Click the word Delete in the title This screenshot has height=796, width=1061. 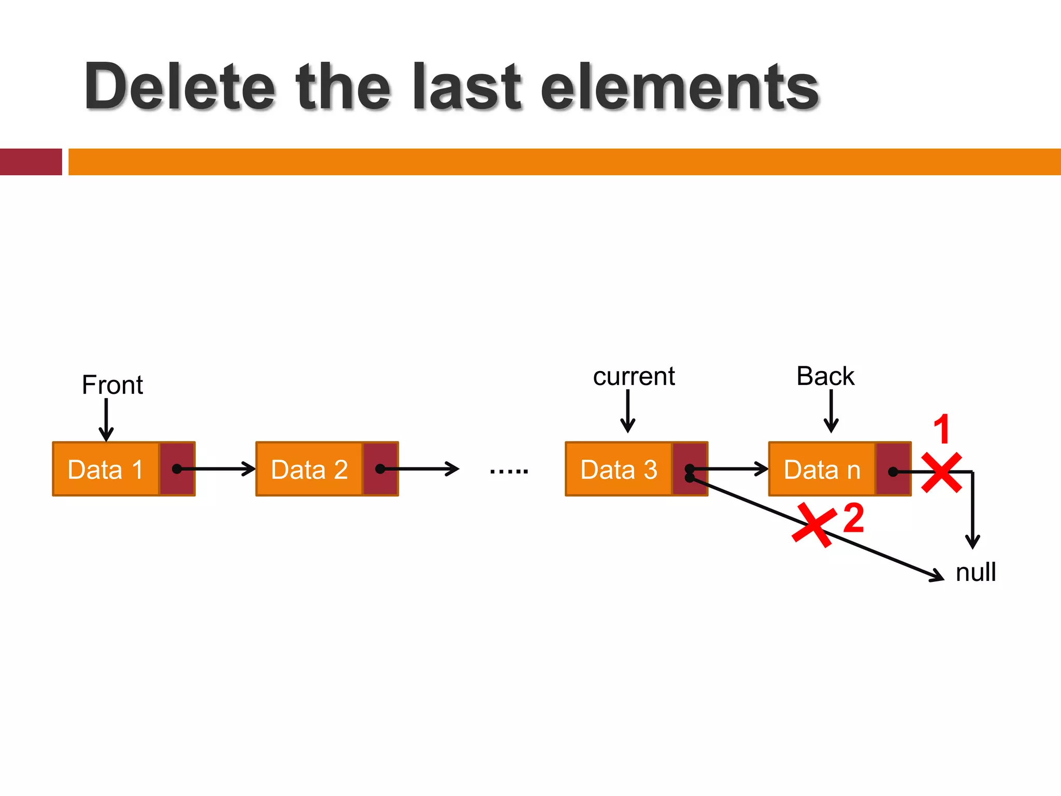[179, 87]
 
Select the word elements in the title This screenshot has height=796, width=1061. [679, 87]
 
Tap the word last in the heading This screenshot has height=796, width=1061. [466, 87]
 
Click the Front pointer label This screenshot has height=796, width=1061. [112, 385]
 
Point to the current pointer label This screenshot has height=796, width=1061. [634, 376]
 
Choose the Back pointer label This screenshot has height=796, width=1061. [825, 376]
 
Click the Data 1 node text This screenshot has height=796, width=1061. [106, 470]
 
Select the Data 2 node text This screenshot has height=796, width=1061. [309, 470]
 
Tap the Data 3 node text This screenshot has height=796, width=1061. [619, 470]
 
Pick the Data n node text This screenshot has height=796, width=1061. [822, 470]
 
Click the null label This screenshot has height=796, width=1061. [976, 573]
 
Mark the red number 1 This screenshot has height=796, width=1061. [942, 429]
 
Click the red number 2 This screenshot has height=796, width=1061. [854, 518]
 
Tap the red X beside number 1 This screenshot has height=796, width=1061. [942, 472]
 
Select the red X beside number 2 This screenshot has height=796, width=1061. [814, 524]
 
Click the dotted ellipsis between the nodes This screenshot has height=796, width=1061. [509, 471]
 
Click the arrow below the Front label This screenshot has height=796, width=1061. [106, 420]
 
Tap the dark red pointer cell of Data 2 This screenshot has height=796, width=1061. [380, 469]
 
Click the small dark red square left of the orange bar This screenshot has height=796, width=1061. [31, 162]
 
